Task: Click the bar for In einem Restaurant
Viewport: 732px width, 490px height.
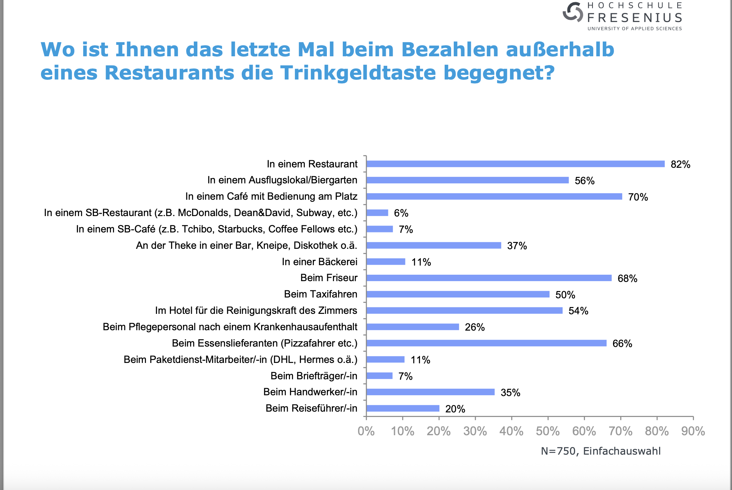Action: click(515, 164)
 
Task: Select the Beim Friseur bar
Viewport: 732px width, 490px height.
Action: click(489, 278)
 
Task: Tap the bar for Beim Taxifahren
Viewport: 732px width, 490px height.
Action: click(458, 294)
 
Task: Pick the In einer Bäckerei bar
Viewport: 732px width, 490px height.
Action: click(386, 262)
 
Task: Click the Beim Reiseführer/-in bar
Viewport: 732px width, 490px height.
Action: click(403, 408)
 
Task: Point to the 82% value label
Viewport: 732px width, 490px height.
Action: click(680, 164)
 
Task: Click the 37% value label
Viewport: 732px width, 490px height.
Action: click(517, 246)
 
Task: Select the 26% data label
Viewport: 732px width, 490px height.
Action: click(475, 327)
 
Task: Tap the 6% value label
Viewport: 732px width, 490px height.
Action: click(401, 213)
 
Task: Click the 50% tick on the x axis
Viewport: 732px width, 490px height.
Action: click(548, 431)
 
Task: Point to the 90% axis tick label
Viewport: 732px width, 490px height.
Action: click(693, 431)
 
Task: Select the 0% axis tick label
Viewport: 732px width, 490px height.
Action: click(366, 431)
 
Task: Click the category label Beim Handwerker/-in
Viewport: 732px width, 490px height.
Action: click(310, 392)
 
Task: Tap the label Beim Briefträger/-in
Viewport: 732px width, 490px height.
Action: click(314, 376)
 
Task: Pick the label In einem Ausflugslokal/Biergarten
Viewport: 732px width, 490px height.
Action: click(282, 180)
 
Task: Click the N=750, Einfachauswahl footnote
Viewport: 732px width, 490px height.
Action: click(600, 451)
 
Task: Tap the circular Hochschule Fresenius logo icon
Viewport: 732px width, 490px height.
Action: click(573, 12)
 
